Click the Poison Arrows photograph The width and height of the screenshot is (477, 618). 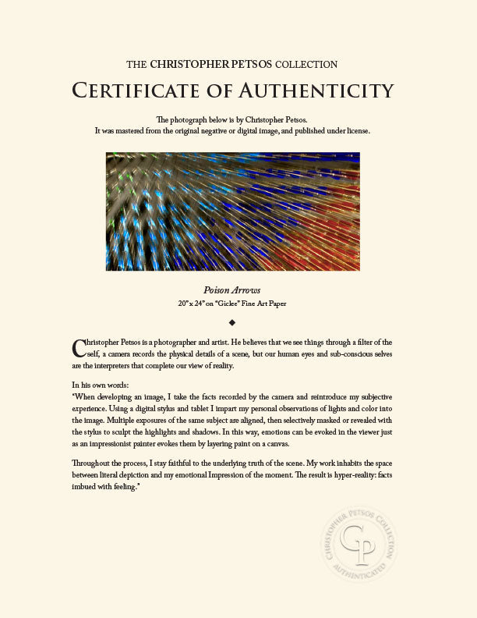(x=232, y=211)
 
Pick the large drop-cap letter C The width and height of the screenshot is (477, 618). (x=77, y=346)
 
